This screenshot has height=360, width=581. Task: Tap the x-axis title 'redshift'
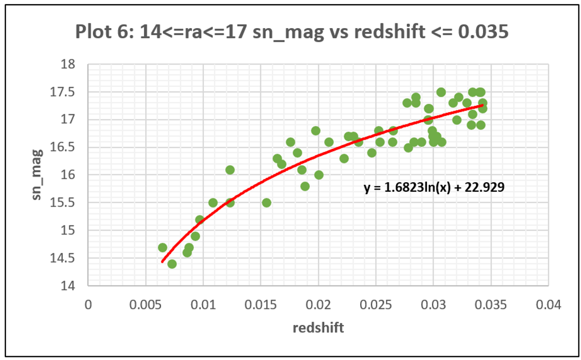[318, 328]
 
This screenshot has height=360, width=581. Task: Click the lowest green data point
[172, 264]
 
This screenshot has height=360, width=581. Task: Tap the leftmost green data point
[163, 247]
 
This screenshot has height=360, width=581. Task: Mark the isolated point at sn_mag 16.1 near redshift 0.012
[230, 170]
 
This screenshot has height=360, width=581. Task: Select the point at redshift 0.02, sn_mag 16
[319, 175]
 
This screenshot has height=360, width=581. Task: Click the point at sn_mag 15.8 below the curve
[305, 186]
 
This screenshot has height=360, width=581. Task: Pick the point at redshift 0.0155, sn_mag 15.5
[266, 203]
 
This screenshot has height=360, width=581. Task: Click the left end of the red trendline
[162, 262]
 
